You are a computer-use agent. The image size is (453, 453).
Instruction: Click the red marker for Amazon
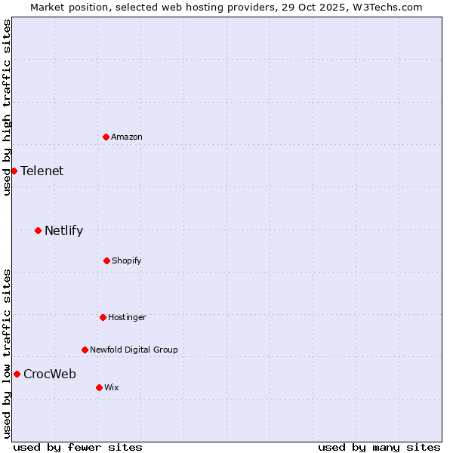pyautogui.click(x=106, y=137)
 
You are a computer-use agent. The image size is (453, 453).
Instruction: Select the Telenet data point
pyautogui.click(x=14, y=171)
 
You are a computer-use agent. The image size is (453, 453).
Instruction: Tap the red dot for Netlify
pyautogui.click(x=38, y=230)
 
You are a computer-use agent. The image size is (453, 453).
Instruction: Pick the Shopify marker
pyautogui.click(x=106, y=260)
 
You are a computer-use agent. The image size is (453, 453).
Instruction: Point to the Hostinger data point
pyautogui.click(x=103, y=317)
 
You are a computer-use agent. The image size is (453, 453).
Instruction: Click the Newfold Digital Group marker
pyautogui.click(x=85, y=350)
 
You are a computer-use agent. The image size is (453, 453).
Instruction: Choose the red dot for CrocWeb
pyautogui.click(x=17, y=374)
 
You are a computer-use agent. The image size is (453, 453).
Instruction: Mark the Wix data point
pyautogui.click(x=99, y=387)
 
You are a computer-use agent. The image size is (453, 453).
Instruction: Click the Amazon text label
pyautogui.click(x=127, y=137)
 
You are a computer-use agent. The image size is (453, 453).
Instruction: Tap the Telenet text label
pyautogui.click(x=42, y=171)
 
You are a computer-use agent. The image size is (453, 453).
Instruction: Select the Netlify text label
pyautogui.click(x=63, y=230)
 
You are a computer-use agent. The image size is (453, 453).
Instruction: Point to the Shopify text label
pyautogui.click(x=127, y=260)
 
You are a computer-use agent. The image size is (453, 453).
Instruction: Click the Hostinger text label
pyautogui.click(x=127, y=317)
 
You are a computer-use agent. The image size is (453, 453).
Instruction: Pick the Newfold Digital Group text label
pyautogui.click(x=134, y=350)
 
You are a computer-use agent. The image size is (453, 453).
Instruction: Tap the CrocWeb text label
pyautogui.click(x=50, y=374)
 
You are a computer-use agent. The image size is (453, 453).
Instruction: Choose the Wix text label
pyautogui.click(x=112, y=387)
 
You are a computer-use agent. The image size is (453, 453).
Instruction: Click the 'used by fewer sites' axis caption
pyautogui.click(x=78, y=447)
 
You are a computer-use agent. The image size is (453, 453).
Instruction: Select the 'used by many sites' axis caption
pyautogui.click(x=379, y=447)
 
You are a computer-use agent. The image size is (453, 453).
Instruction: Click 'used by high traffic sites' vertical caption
pyautogui.click(x=7, y=107)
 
